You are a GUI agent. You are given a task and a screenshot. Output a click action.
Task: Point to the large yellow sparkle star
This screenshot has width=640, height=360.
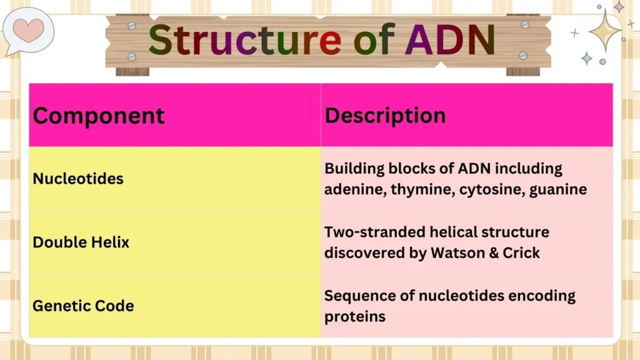point(604,29)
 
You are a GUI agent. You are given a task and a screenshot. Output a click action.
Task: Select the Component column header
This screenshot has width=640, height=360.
point(99,116)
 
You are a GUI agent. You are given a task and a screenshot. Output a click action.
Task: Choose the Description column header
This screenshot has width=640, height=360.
point(385,116)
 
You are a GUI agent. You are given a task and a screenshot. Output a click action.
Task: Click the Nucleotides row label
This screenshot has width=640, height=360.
point(78,179)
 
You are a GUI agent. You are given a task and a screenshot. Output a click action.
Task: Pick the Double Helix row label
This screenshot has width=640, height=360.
point(81,242)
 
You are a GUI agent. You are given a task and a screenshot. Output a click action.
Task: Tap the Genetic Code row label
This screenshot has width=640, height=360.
point(83,306)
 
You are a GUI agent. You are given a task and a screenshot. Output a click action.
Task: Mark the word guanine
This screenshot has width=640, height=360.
point(558,189)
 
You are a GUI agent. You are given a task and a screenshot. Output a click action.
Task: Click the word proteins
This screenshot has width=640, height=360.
point(354,317)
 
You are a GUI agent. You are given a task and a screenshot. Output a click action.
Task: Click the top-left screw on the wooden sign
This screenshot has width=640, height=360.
point(132,25)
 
